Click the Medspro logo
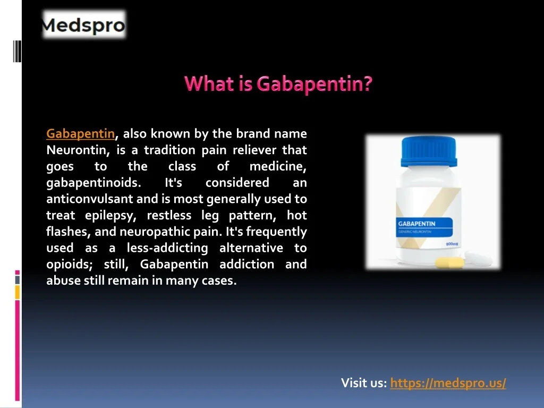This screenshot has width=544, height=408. [x=83, y=24]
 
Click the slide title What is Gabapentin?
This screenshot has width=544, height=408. [x=278, y=83]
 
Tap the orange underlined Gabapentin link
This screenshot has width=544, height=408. [x=81, y=133]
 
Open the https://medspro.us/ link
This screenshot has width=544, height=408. [x=448, y=382]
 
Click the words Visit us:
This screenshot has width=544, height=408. [x=364, y=382]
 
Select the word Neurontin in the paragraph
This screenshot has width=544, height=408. [x=78, y=150]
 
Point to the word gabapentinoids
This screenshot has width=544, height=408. [x=93, y=183]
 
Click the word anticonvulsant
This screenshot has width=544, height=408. [x=89, y=199]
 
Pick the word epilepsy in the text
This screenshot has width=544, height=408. [x=110, y=216]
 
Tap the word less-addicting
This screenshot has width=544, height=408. [x=167, y=248]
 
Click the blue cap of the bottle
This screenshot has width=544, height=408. [x=429, y=151]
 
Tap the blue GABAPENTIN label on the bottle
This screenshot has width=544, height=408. [x=424, y=227]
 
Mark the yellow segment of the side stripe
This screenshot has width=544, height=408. [x=18, y=292]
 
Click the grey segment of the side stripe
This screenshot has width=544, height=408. [x=18, y=279]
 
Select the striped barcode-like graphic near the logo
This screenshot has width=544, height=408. [x=17, y=51]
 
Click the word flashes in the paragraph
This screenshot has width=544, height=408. [x=69, y=232]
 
